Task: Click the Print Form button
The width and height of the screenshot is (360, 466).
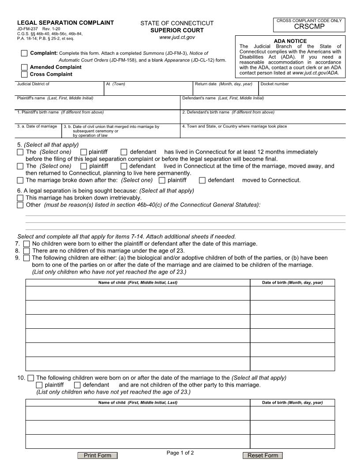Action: tap(97, 455)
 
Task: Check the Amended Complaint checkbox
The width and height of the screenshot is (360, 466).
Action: tap(24, 67)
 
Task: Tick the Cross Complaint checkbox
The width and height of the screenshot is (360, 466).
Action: tap(24, 74)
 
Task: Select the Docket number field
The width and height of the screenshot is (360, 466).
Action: tap(302, 90)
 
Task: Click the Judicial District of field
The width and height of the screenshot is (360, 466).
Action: tap(60, 90)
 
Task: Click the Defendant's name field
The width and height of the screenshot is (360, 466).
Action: tap(263, 104)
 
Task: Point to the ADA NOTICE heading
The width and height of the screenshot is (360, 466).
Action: tap(290, 41)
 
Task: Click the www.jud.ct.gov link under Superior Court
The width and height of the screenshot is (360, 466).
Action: tap(177, 38)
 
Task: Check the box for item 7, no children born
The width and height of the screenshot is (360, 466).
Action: tap(27, 244)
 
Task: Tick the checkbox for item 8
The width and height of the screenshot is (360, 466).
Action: tap(27, 251)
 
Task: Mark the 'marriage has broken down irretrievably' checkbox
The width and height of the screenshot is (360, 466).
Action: tap(20, 198)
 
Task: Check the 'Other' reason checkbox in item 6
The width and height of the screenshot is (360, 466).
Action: tap(20, 205)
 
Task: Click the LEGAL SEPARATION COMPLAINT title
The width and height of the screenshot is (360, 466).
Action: tap(65, 23)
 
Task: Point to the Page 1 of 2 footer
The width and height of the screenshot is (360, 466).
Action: tap(180, 453)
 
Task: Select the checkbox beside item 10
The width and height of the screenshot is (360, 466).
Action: tap(30, 378)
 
